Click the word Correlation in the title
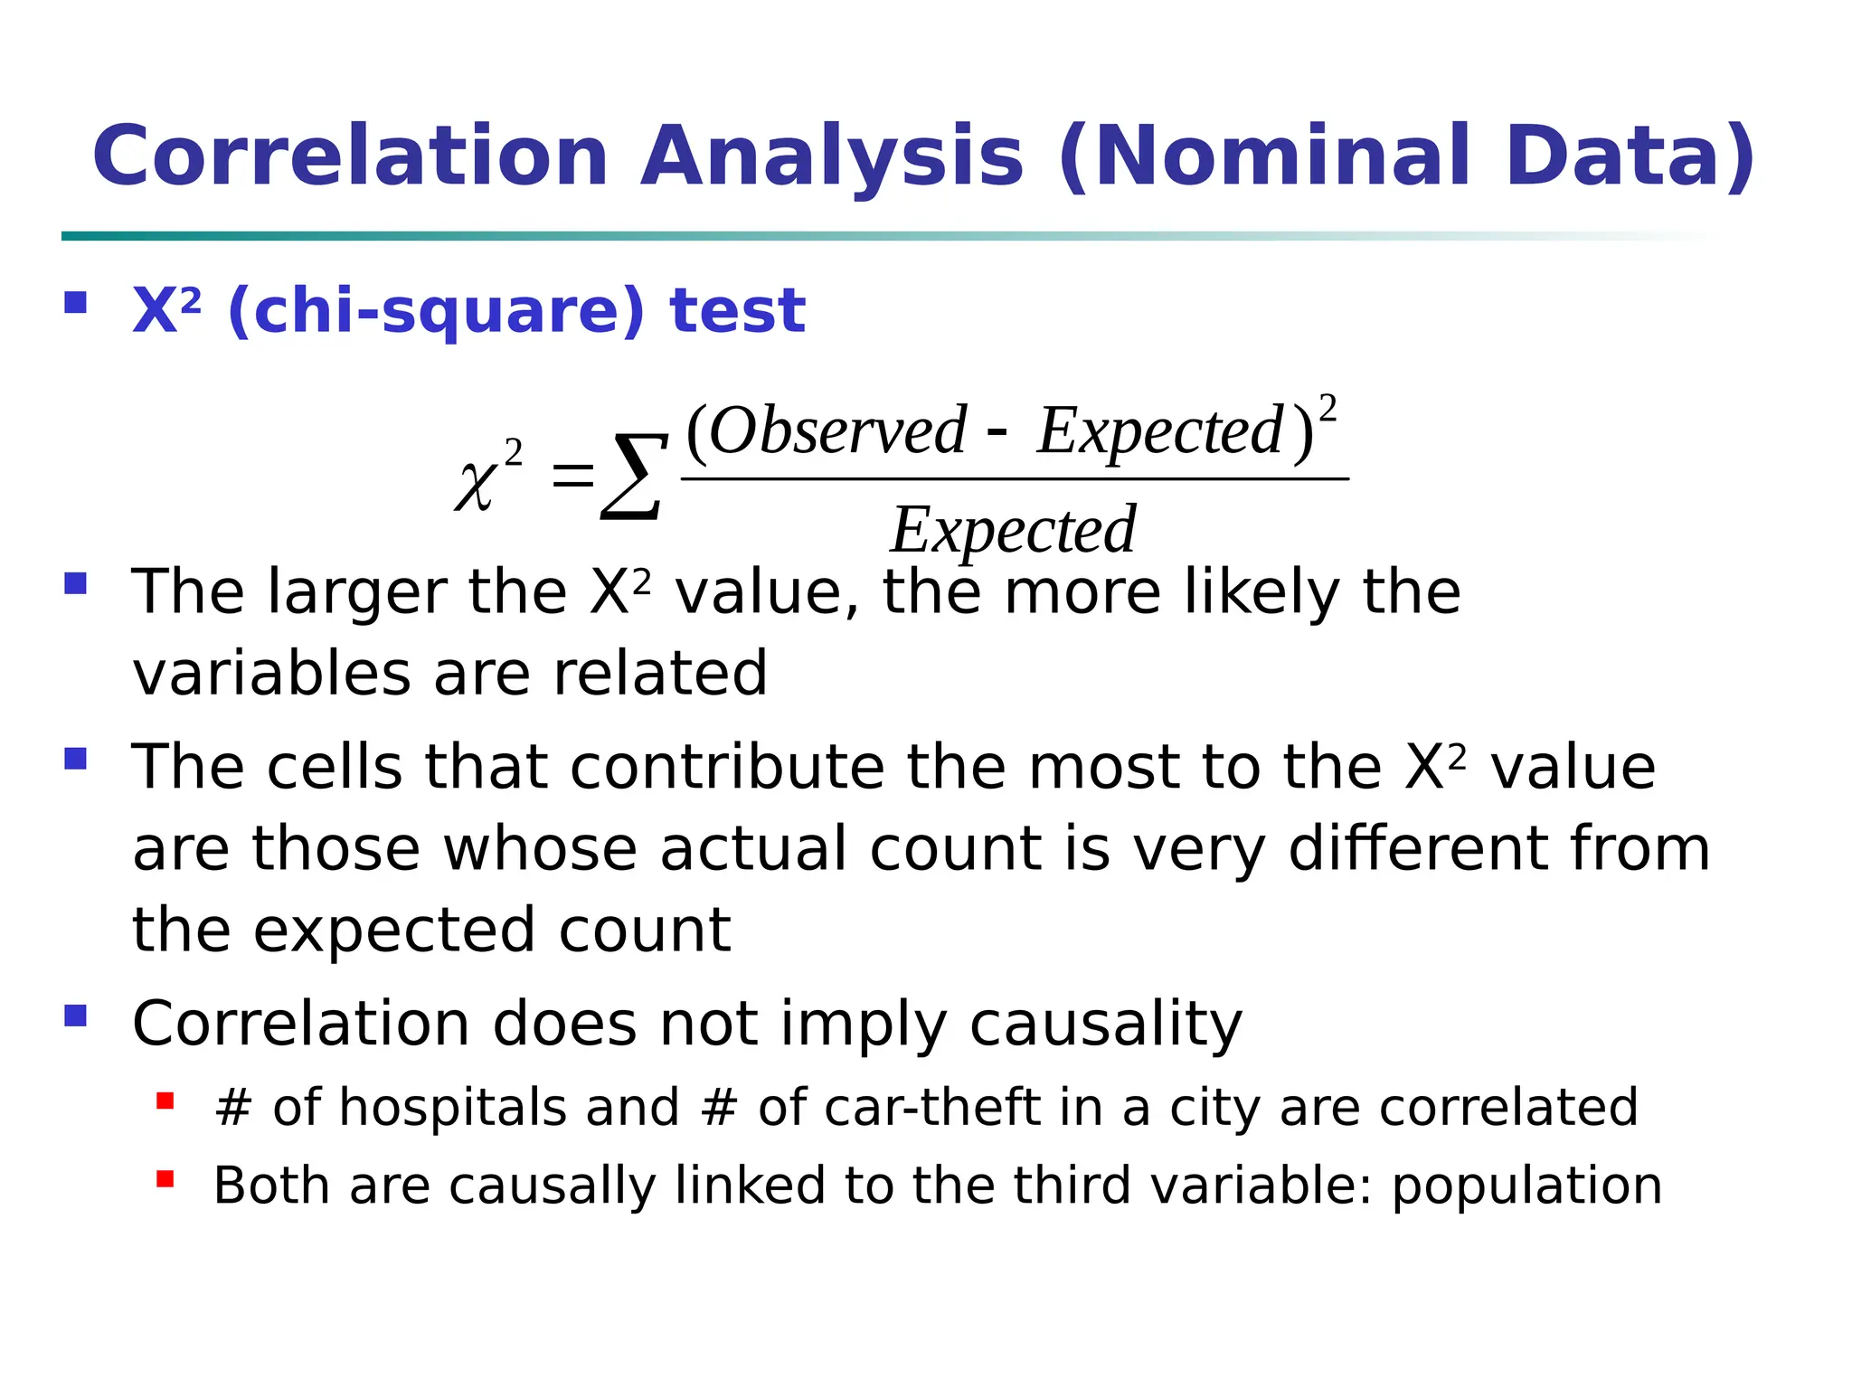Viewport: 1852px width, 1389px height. point(351,156)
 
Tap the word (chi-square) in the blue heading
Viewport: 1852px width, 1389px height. point(436,311)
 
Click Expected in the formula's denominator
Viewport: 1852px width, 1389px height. point(1013,530)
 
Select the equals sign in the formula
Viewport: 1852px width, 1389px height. point(573,475)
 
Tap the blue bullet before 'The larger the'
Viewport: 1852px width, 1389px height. point(76,583)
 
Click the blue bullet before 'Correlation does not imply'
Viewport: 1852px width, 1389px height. point(76,1016)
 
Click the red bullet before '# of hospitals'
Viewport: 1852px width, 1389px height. point(165,1101)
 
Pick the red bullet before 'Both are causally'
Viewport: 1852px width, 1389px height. point(165,1178)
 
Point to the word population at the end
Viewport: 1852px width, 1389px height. point(1526,1186)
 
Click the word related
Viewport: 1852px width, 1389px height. point(660,674)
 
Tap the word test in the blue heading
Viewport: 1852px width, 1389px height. point(737,311)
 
